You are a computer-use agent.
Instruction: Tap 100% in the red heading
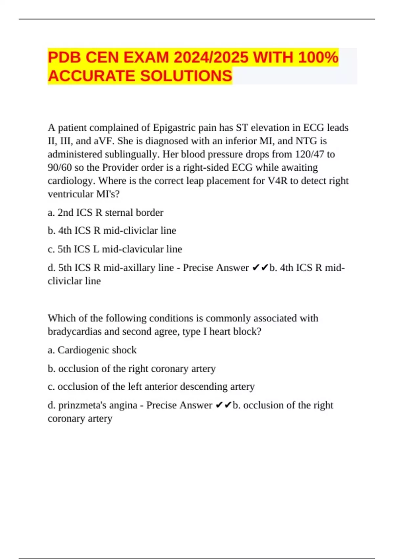pos(318,58)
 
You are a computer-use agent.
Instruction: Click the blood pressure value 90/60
pos(60,168)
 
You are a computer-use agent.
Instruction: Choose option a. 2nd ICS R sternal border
pos(105,213)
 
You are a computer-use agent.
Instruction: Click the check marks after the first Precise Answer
pos(260,268)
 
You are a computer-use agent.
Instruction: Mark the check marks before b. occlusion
pos(224,405)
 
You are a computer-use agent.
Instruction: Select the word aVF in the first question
pos(104,141)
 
